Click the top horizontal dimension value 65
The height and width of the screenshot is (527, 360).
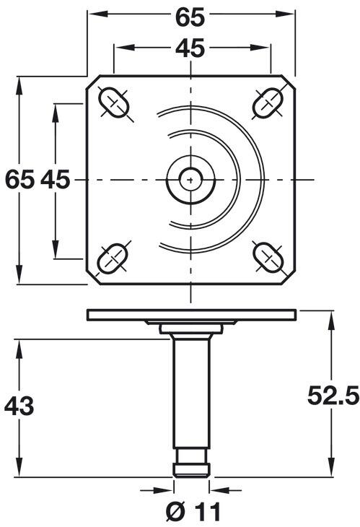pos(191,15)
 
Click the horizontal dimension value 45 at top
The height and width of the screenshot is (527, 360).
pos(191,48)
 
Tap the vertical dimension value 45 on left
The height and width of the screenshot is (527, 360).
pos(55,179)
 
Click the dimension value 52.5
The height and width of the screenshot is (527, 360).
pos(333,395)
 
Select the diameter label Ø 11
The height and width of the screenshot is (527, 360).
pos(191,512)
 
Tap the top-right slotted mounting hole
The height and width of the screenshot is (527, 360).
pos(268,103)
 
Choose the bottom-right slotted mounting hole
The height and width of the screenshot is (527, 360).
pos(268,256)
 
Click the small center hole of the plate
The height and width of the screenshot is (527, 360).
pos(190,178)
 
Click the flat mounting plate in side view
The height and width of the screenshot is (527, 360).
pos(191,314)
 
